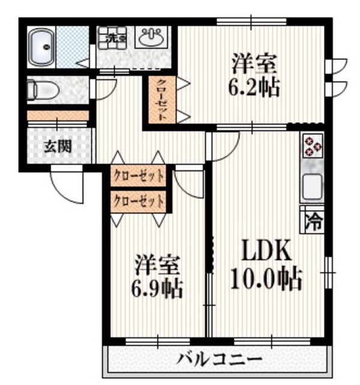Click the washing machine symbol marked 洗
pyautogui.click(x=112, y=37)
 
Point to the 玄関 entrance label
pyautogui.click(x=59, y=146)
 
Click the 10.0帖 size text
pyautogui.click(x=266, y=279)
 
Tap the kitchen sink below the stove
pyautogui.click(x=313, y=186)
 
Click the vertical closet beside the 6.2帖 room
pyautogui.click(x=162, y=100)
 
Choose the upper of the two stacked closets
pyautogui.click(x=138, y=177)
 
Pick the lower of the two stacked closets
pyautogui.click(x=138, y=201)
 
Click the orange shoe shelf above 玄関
pyautogui.click(x=58, y=115)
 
